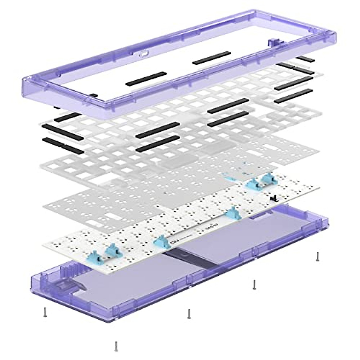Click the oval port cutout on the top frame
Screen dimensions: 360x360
144,54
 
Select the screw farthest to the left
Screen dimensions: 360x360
45,312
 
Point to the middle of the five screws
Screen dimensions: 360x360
189,313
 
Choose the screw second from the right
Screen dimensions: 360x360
254,284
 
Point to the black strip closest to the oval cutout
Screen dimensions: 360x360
146,79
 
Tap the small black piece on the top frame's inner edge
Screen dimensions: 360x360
93,95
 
